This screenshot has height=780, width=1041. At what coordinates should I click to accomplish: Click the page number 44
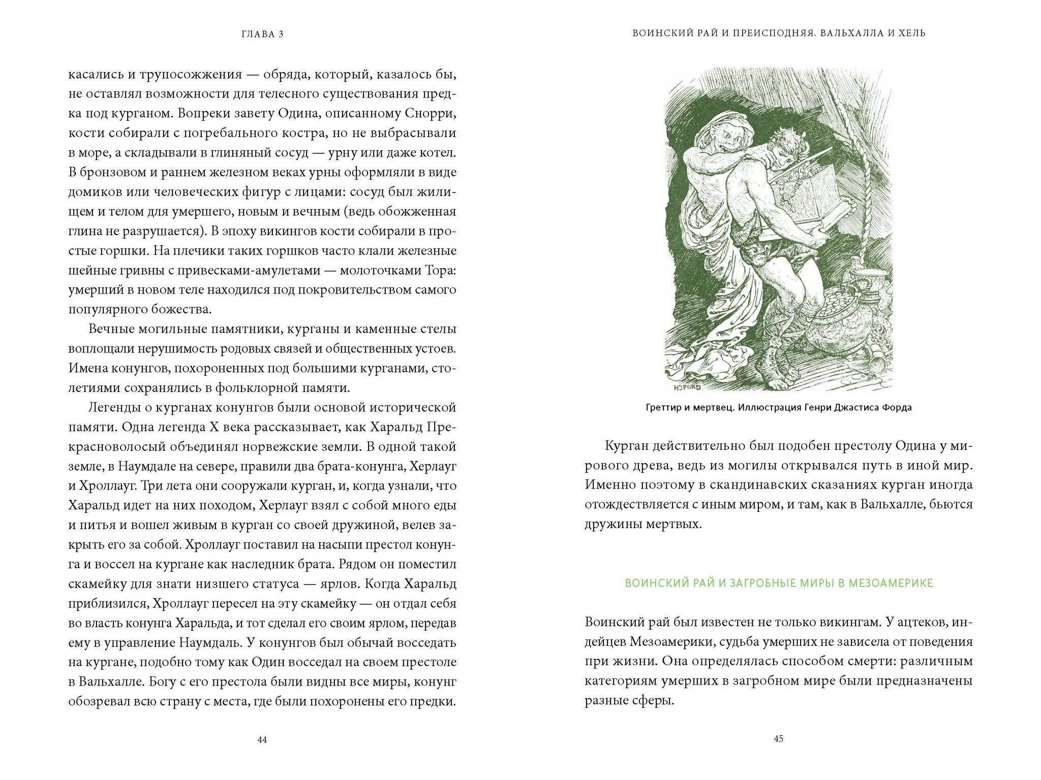pyautogui.click(x=262, y=740)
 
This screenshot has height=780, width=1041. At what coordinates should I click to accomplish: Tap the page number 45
pyautogui.click(x=778, y=739)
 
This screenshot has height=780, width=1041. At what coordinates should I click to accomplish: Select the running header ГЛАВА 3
pyautogui.click(x=262, y=34)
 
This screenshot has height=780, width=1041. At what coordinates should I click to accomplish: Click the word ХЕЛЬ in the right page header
pyautogui.click(x=910, y=34)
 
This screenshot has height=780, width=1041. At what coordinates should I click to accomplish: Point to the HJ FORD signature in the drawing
pyautogui.click(x=687, y=387)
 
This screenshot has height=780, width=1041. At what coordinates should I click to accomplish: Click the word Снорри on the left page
pyautogui.click(x=431, y=113)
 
